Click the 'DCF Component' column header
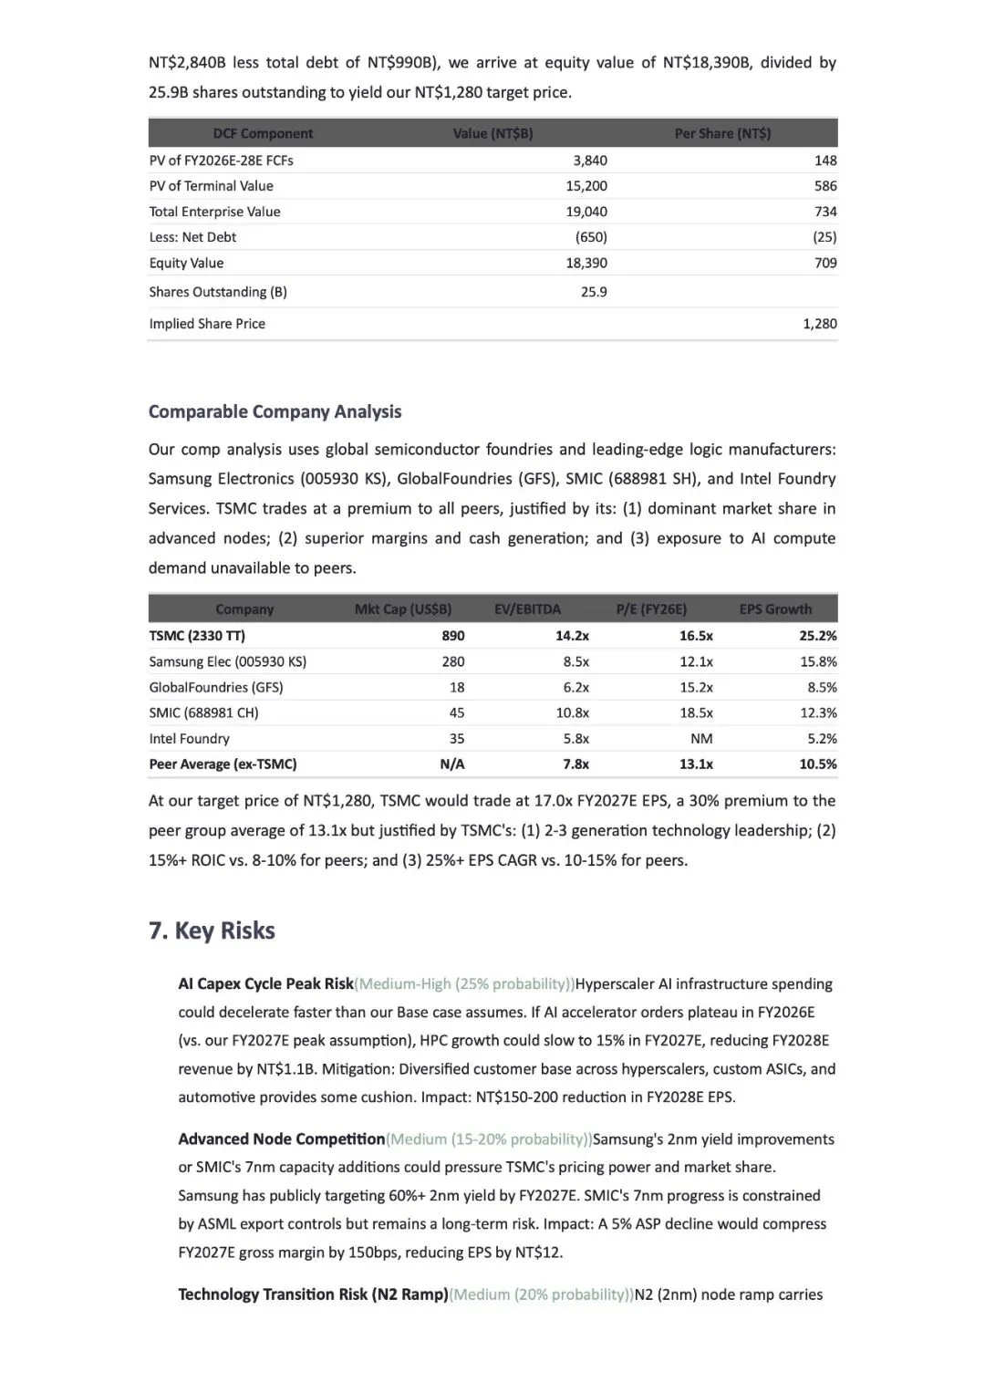263,133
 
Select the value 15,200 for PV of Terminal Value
586,186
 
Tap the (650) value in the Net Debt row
591,237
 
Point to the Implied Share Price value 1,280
819,324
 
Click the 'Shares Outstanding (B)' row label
218,292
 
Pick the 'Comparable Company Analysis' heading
275,411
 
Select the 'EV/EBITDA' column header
527,609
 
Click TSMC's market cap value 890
452,636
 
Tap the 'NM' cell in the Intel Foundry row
701,739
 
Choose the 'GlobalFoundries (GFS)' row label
216,687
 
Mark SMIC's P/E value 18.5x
696,712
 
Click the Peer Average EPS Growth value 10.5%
817,764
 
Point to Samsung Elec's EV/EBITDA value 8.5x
575,661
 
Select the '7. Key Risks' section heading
212,930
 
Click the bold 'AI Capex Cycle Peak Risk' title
265,983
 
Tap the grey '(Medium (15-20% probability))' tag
489,1139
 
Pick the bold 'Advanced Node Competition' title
281,1139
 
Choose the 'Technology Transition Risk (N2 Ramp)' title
313,1294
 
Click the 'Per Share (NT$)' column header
722,133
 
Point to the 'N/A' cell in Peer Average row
451,764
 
